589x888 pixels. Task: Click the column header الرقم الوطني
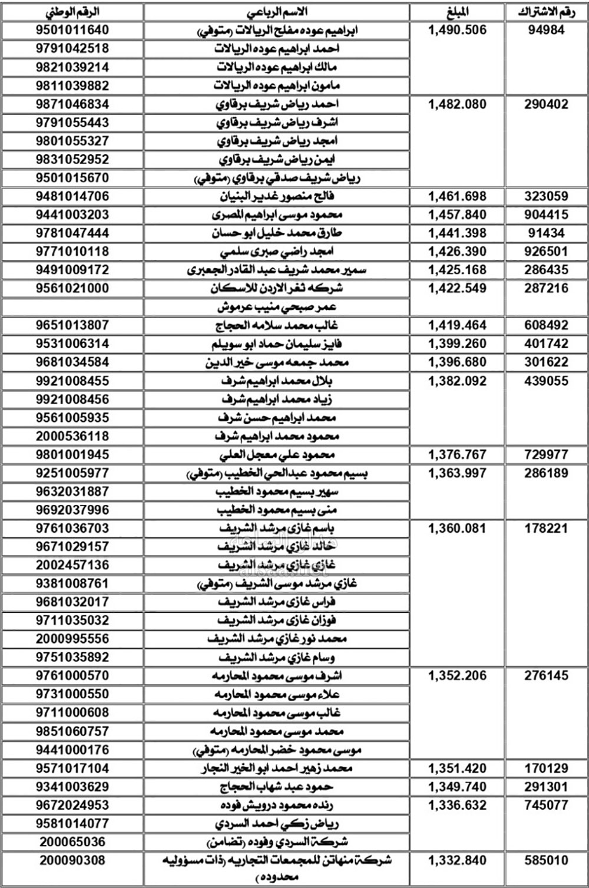(x=72, y=12)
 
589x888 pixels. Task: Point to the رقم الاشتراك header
(x=546, y=12)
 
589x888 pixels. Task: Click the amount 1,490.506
(x=458, y=30)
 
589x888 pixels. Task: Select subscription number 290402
(x=546, y=104)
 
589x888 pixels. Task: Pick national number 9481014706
(x=72, y=196)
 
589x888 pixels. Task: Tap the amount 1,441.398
(x=458, y=233)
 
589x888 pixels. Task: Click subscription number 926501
(x=546, y=252)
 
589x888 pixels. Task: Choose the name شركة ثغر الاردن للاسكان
(x=277, y=289)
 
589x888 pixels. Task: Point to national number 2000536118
(x=72, y=436)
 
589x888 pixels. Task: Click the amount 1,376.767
(x=458, y=455)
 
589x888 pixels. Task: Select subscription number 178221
(x=546, y=529)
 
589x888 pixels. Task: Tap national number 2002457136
(x=72, y=565)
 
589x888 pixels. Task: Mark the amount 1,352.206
(x=458, y=676)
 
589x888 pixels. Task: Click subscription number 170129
(x=546, y=768)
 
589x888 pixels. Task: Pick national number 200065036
(x=72, y=842)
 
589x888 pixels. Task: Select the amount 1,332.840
(x=458, y=861)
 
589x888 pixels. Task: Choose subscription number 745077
(x=546, y=805)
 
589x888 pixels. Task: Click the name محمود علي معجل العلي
(x=277, y=455)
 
